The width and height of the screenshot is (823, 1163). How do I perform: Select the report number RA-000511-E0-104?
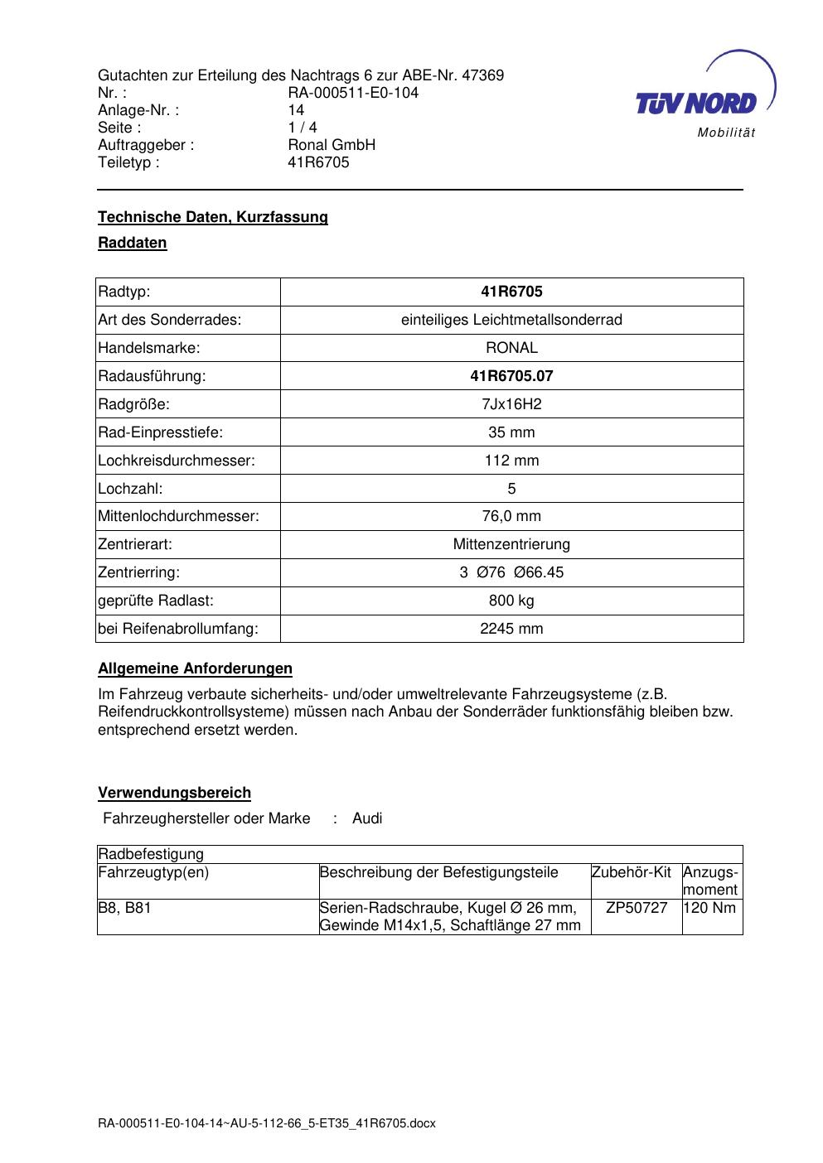(353, 93)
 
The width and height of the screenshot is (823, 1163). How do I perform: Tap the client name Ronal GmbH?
(332, 145)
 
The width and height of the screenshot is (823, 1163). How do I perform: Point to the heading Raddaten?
(133, 244)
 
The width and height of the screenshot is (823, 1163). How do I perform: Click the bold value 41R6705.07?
(511, 376)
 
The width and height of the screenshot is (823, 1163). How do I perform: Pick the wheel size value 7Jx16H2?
(511, 404)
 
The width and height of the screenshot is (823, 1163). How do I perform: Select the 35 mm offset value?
(511, 432)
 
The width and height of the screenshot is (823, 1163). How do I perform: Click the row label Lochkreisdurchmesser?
(177, 461)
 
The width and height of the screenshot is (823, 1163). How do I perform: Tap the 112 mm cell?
(511, 461)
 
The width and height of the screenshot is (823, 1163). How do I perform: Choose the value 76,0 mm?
(511, 517)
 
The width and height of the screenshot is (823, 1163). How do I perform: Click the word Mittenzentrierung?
(511, 545)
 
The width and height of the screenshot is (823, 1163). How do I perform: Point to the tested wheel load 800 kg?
(511, 601)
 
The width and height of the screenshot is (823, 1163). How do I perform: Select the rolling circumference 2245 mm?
(511, 629)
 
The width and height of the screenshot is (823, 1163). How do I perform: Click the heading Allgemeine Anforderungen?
(195, 668)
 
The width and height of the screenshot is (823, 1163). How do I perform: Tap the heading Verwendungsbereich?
(174, 794)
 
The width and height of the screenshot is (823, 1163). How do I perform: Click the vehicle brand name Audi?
(367, 819)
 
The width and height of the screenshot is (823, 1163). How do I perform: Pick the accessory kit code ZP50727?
(637, 908)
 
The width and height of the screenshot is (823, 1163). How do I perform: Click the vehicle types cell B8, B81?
(125, 908)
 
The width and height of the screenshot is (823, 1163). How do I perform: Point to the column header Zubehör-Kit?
(632, 872)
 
